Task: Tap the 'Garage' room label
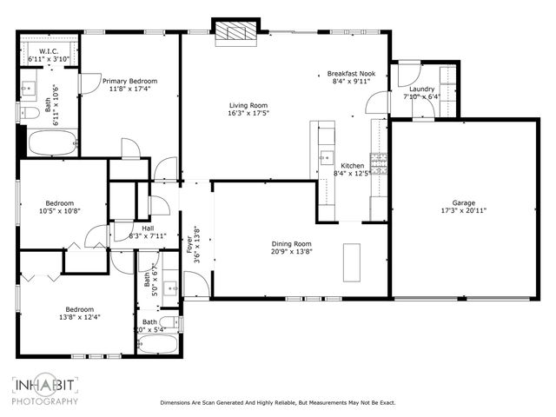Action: coord(463,202)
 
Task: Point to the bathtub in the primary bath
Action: coord(50,142)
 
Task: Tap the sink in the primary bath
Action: coord(27,87)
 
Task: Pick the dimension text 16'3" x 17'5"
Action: coord(248,112)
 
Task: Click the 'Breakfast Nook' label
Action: coord(352,75)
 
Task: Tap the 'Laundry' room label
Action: coord(421,89)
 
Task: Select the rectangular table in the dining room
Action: coord(352,261)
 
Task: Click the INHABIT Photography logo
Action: coord(44,388)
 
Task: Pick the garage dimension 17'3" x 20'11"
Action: coord(463,210)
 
